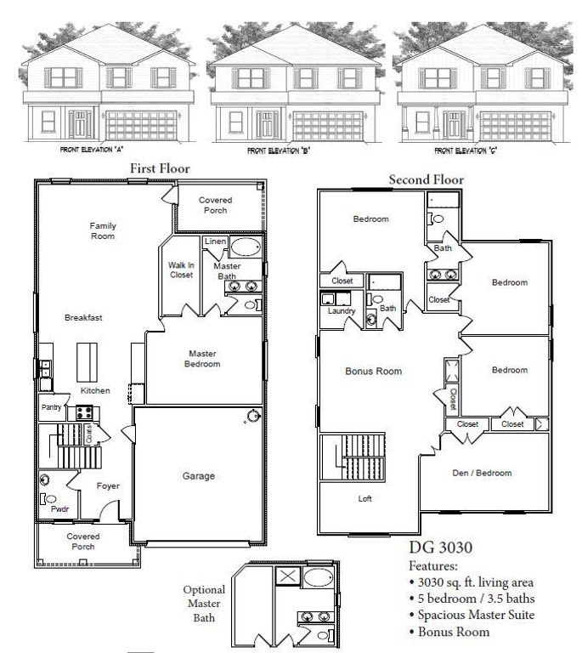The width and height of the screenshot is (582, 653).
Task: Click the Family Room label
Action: tap(103, 230)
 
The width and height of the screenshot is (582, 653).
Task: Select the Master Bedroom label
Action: tap(203, 359)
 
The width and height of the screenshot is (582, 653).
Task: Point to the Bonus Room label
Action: tap(373, 372)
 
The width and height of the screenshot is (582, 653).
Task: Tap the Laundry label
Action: tap(341, 310)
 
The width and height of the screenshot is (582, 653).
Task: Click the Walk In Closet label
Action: tap(181, 270)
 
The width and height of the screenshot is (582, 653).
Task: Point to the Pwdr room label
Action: tap(59, 509)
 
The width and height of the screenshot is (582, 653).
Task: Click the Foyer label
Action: tap(108, 486)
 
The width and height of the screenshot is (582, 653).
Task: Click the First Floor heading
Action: tap(159, 169)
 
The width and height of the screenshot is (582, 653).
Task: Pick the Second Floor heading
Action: tap(426, 179)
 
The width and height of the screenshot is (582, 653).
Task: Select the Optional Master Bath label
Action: tap(204, 603)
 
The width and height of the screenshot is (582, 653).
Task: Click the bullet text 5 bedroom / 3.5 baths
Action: tap(476, 599)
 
